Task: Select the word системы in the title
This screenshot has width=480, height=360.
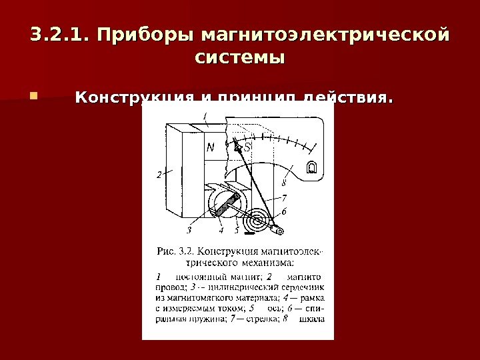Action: pos(239,57)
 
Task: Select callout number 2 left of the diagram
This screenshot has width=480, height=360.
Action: pos(159,175)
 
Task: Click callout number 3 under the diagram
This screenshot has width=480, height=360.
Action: pos(189,231)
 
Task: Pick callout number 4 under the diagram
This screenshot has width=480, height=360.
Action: pos(221,231)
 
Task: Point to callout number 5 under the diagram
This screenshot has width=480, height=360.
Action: pos(237,231)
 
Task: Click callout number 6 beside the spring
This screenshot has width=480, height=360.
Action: pos(283,211)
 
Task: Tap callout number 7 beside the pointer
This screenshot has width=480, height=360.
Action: pos(283,198)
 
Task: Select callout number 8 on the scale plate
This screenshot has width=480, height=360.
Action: pos(285,181)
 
